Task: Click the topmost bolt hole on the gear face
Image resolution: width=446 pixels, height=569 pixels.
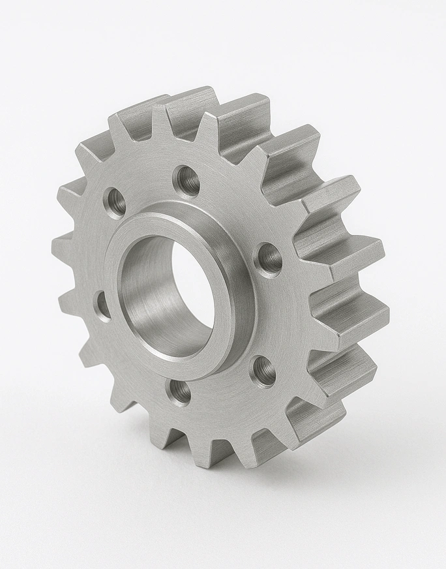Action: [187, 180]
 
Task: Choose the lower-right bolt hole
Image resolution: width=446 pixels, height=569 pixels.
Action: [263, 371]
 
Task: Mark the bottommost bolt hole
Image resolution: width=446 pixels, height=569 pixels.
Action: [180, 392]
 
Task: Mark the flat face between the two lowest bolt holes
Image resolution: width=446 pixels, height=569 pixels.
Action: [222, 392]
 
